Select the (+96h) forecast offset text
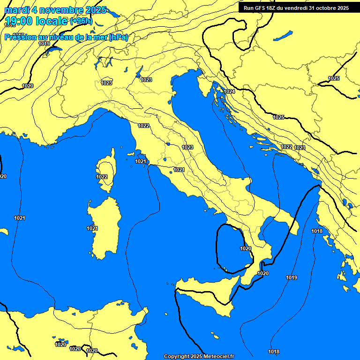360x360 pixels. tap(81, 21)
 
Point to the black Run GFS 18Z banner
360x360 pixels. tap(296, 8)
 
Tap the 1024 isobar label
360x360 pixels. tap(229, 91)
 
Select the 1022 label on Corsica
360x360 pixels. tap(102, 177)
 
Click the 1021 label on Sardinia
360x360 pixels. tap(92, 228)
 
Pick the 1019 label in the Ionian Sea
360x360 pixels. tap(292, 277)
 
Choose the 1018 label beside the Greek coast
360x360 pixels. tap(317, 231)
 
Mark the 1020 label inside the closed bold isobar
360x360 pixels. tap(245, 248)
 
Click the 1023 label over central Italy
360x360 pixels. tap(187, 147)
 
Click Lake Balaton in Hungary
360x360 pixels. tap(283, 36)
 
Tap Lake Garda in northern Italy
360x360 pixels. tap(139, 72)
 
